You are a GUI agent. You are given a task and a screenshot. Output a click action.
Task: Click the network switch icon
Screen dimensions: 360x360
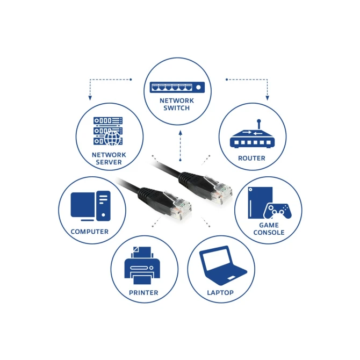tap(177, 88)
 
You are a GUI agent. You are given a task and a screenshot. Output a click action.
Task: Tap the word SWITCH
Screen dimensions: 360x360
tap(177, 108)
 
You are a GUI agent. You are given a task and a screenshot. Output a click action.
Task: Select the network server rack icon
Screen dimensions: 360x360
tap(108, 131)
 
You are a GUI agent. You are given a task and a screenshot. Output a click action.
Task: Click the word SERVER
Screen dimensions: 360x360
tap(109, 162)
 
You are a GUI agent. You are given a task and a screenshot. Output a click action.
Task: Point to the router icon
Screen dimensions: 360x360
tap(252, 134)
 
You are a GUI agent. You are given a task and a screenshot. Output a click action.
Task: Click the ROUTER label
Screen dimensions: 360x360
tap(251, 158)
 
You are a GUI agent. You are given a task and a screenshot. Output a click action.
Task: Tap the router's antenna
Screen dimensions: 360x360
tap(259, 124)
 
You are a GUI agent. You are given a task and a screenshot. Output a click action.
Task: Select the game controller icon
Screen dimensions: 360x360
tap(278, 211)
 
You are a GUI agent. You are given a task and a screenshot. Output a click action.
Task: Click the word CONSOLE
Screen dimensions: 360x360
tap(269, 232)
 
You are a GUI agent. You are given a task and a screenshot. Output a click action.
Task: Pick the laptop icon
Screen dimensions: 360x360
tap(222, 265)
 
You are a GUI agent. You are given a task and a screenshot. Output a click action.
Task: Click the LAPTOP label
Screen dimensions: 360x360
tap(220, 293)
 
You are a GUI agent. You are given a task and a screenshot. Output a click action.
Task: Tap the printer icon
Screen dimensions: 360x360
tap(142, 265)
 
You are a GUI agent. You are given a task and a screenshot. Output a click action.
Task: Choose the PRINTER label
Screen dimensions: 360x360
tap(143, 293)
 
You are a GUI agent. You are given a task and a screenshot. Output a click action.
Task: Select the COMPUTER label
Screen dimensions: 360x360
tap(90, 232)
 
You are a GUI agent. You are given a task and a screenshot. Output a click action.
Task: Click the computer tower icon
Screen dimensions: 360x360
tap(103, 206)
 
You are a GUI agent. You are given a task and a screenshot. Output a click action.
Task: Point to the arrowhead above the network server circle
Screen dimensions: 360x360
tap(90, 98)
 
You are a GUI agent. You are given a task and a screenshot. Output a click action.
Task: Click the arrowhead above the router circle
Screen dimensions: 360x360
tap(267, 98)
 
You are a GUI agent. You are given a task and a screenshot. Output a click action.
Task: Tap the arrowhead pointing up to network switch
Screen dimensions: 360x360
tap(180, 133)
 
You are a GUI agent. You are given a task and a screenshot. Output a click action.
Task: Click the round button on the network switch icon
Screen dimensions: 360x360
tap(199, 88)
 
